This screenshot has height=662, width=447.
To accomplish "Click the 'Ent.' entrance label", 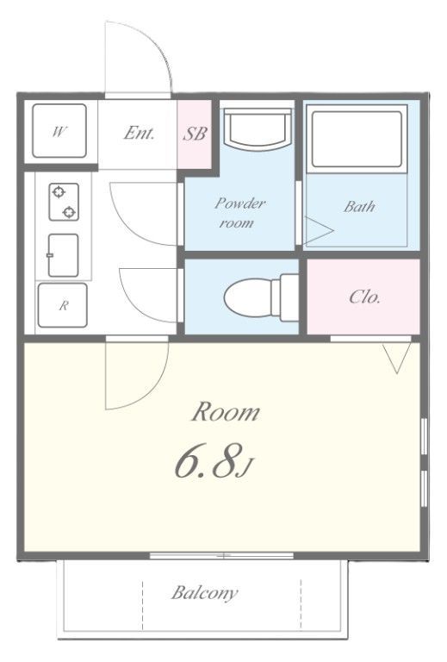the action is [x=139, y=134].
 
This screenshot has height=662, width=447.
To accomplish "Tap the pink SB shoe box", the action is [x=195, y=134].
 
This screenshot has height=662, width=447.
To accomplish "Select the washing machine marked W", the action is [x=59, y=131].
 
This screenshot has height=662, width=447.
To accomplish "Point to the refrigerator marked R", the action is [x=62, y=305].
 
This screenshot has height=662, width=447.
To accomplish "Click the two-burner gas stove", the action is [x=64, y=202].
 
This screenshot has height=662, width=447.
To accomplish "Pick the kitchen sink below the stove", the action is [x=63, y=255].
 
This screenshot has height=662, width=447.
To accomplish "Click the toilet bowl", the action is [x=261, y=297].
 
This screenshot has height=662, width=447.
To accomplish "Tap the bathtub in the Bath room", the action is [x=357, y=140].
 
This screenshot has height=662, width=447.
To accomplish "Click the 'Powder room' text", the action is [x=239, y=212].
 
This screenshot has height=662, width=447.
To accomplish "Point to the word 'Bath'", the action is [x=359, y=207].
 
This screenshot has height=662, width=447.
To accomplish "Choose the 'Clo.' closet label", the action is [x=365, y=297].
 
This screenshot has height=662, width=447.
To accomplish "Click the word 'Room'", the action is [x=226, y=412].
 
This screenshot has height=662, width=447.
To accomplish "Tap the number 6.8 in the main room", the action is [x=208, y=460].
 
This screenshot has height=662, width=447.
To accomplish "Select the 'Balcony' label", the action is [x=205, y=593].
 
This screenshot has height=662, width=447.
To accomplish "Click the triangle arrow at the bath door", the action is [x=319, y=231].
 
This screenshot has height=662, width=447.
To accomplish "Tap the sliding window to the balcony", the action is [x=222, y=556].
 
